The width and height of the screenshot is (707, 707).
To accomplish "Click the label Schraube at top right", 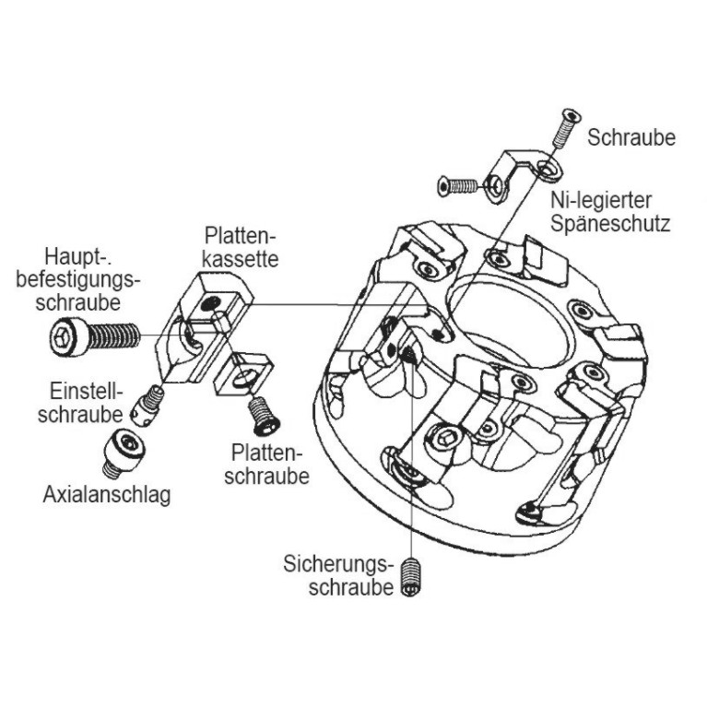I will tap(631, 137).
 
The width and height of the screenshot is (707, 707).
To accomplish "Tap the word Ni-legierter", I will tap(601, 200).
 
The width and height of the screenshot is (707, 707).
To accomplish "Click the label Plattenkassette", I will tap(242, 246).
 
